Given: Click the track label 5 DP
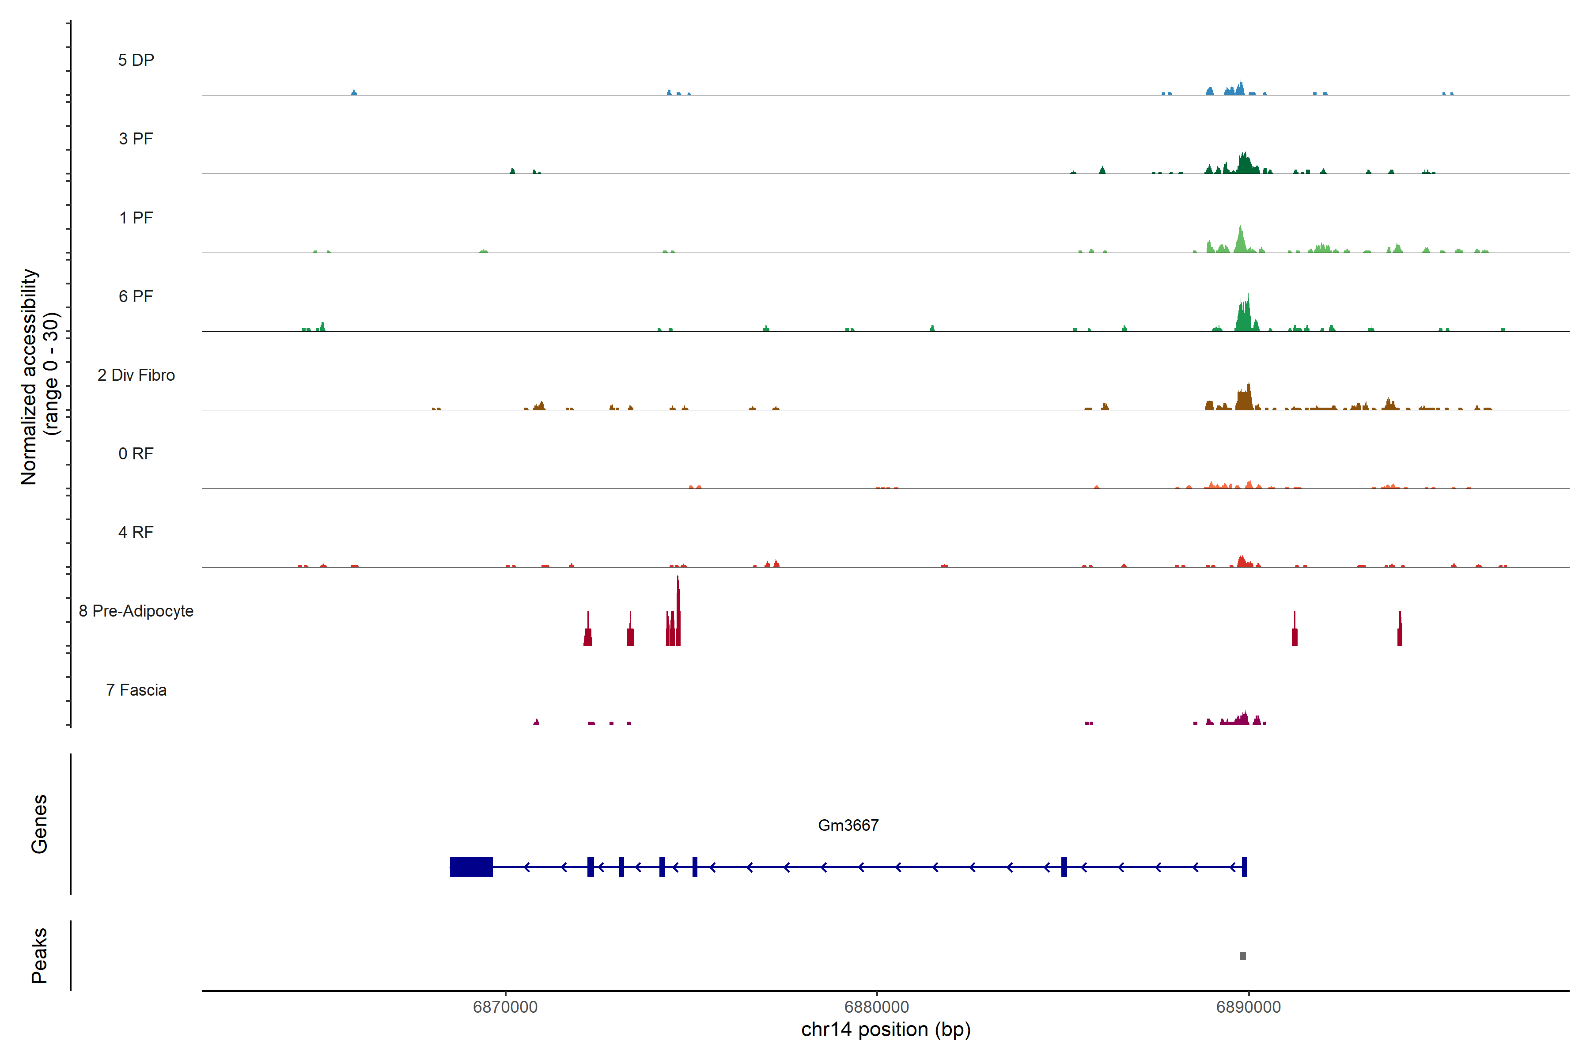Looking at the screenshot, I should click(136, 60).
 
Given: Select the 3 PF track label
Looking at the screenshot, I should click(136, 139).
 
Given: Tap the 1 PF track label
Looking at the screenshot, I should click(136, 218).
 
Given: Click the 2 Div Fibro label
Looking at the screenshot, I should click(136, 375).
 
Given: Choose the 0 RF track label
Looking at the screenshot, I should click(136, 454).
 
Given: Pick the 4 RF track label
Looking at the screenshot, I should click(136, 533).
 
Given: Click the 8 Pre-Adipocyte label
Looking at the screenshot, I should click(136, 611).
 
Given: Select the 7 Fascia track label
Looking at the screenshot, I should click(136, 690).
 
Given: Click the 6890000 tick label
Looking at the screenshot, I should click(1248, 1007).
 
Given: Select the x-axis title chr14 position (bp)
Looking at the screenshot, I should click(886, 1030).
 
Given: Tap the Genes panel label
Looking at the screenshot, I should click(39, 824).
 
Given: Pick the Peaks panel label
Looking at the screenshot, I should click(39, 955).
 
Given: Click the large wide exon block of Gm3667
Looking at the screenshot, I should click(471, 867).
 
